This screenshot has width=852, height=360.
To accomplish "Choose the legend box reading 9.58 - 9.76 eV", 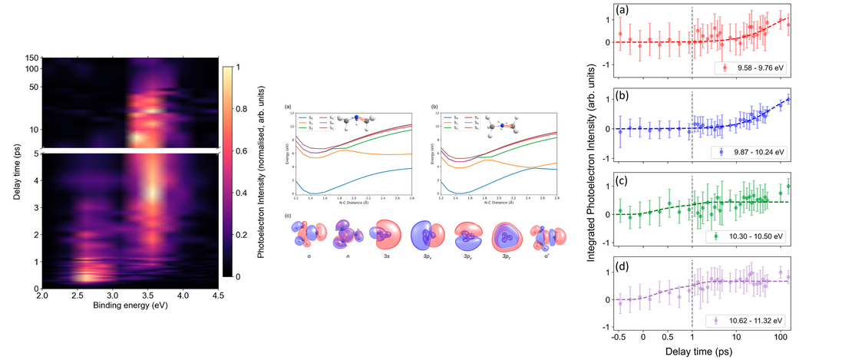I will [752, 68].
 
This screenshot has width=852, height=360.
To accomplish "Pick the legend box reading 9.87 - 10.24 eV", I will [752, 152].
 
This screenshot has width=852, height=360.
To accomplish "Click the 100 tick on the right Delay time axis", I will [781, 338].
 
